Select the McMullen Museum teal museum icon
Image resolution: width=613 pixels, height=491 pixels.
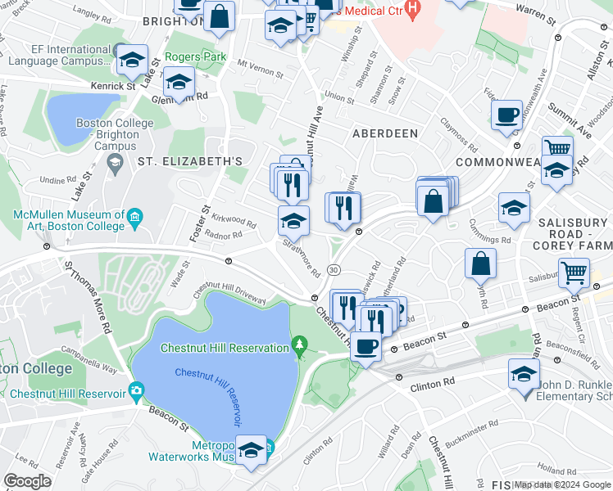click(x=136, y=217)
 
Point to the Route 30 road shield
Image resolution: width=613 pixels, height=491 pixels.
click(x=334, y=270)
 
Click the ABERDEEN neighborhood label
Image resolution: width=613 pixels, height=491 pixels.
click(x=385, y=133)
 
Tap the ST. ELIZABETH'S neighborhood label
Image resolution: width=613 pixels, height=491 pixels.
click(x=190, y=162)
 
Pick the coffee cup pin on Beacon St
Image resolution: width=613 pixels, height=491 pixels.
click(x=366, y=346)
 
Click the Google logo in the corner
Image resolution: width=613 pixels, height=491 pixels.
click(x=27, y=481)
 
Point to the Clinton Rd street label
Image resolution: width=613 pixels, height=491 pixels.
click(x=432, y=382)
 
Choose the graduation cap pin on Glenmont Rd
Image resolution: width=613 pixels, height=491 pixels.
click(x=179, y=81)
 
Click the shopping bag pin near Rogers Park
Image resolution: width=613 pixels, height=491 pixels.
click(x=220, y=16)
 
